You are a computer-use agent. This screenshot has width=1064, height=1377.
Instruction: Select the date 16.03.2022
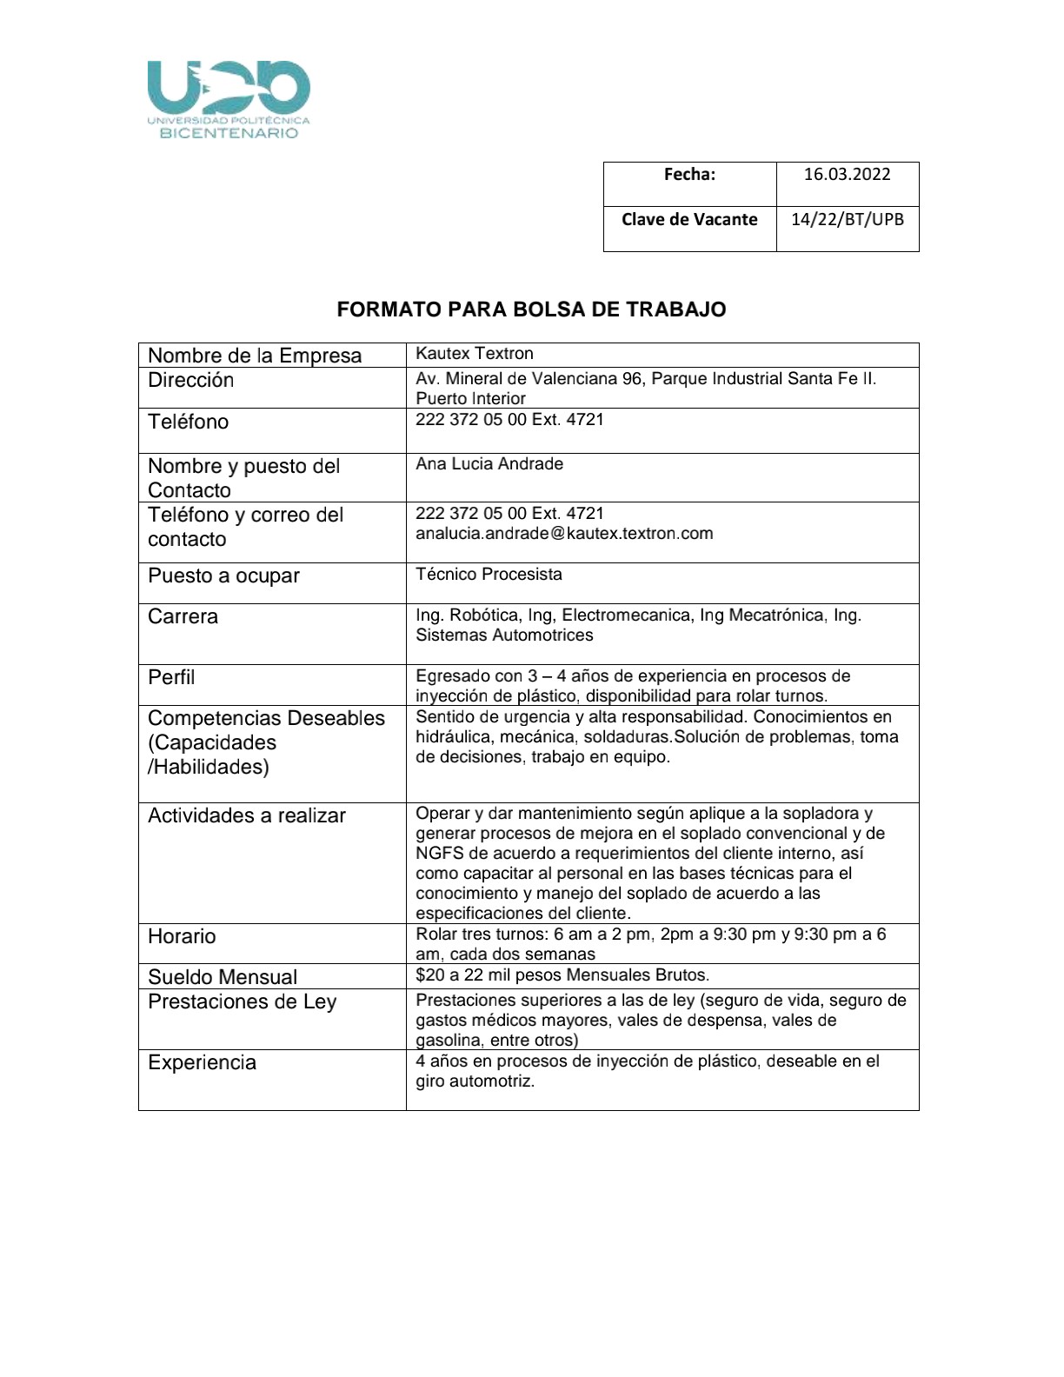tap(847, 174)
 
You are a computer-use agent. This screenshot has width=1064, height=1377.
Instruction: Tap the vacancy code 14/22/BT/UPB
tap(847, 219)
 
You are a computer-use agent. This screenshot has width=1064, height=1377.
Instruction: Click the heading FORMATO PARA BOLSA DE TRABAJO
tap(531, 309)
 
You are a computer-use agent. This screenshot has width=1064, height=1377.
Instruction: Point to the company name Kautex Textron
tap(475, 354)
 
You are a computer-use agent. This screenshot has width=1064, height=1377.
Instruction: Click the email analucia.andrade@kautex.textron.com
tap(564, 533)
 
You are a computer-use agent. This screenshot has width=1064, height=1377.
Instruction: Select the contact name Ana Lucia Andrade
tap(489, 464)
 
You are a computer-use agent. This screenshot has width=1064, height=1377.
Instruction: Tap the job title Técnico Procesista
tap(489, 575)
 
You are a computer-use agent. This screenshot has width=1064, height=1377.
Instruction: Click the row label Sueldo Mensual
tap(223, 976)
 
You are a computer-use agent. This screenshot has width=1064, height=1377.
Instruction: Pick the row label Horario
tap(182, 936)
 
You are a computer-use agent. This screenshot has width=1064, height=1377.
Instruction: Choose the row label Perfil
tap(171, 677)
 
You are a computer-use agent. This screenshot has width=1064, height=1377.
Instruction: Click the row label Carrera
tap(183, 616)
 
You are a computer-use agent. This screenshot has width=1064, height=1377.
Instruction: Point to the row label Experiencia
tap(202, 1062)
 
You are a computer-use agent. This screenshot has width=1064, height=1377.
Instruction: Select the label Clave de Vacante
tap(689, 219)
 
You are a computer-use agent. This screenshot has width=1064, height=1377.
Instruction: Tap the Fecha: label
tap(689, 174)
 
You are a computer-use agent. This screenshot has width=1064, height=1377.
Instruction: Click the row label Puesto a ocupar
tap(223, 575)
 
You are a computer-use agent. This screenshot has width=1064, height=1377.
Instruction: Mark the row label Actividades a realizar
tap(247, 815)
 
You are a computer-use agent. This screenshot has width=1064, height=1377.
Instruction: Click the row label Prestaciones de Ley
tap(242, 1001)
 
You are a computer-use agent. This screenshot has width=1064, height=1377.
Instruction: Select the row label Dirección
tap(191, 380)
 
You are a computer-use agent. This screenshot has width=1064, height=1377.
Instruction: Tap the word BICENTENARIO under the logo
tap(229, 133)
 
